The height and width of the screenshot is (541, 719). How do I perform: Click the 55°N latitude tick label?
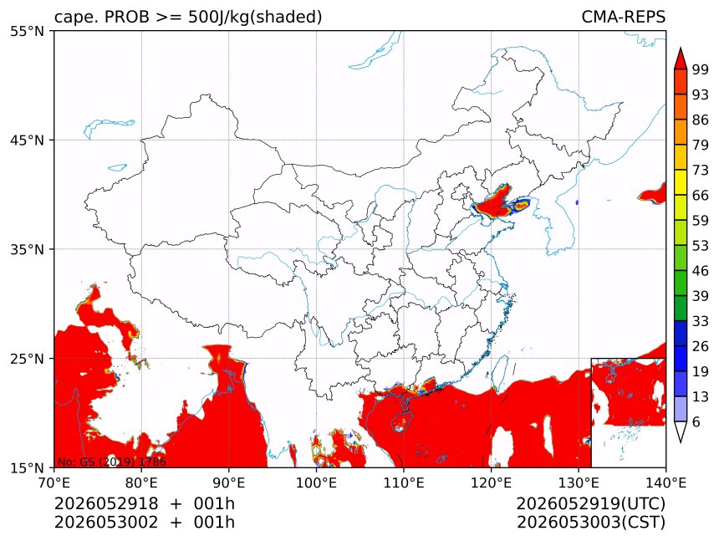(27, 32)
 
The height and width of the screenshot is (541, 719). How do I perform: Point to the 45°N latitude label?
(27, 140)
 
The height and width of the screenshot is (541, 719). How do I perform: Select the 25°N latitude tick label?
(27, 359)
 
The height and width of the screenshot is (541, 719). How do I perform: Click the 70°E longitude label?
(54, 482)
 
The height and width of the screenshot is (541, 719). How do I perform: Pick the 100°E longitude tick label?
(316, 482)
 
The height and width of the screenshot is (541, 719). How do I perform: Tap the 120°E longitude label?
(491, 482)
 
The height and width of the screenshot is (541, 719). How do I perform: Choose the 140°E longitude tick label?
(665, 482)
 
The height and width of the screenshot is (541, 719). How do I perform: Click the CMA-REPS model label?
(623, 17)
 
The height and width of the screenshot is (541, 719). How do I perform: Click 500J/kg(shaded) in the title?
(255, 18)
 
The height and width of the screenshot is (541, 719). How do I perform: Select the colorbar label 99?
(701, 69)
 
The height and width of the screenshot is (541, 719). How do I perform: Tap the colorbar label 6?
(696, 421)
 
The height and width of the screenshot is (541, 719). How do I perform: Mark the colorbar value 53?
(701, 246)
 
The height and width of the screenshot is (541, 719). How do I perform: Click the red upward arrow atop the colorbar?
(681, 58)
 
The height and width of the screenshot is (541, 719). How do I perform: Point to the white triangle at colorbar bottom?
(681, 431)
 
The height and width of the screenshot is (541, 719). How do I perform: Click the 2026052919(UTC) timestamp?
(590, 503)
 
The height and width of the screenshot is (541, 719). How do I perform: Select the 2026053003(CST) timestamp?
(590, 523)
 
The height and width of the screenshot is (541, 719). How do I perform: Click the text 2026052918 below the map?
(106, 503)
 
